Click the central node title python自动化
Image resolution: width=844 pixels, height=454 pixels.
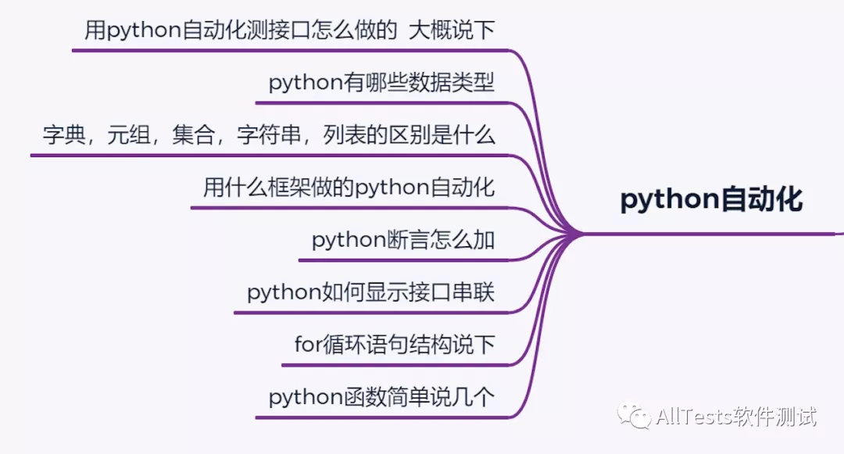point(710,200)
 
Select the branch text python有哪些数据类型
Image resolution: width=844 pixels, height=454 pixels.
point(381,83)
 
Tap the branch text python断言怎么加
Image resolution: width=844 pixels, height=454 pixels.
point(403,240)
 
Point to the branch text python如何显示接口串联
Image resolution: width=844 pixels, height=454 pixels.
point(370,293)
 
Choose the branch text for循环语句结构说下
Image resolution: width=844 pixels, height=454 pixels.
point(395,345)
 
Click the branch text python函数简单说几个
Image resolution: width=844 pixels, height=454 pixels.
point(381,398)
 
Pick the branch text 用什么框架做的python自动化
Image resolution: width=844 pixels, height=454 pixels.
point(349,188)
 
